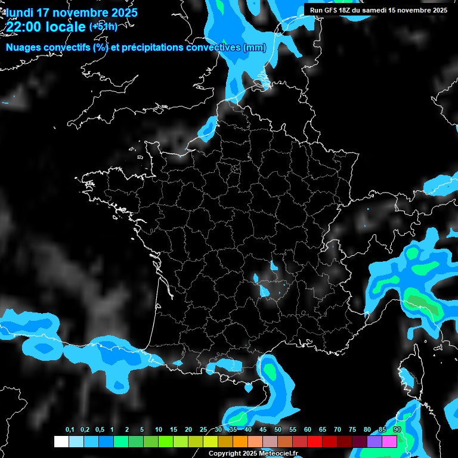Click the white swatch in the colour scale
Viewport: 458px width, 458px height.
61,441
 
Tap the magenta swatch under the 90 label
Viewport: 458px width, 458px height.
389,441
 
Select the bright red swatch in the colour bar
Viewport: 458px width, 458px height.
315,441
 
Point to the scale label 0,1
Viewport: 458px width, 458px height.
70,430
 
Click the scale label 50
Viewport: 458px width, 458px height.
278,430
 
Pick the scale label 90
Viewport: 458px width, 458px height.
397,430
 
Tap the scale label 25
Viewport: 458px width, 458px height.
203,430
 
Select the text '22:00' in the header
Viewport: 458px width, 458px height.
24,27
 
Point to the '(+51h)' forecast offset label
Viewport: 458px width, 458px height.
103,27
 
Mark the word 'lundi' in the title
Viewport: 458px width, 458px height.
20,13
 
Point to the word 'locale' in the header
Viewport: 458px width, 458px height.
66,27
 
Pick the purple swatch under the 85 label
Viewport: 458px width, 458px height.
375,441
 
